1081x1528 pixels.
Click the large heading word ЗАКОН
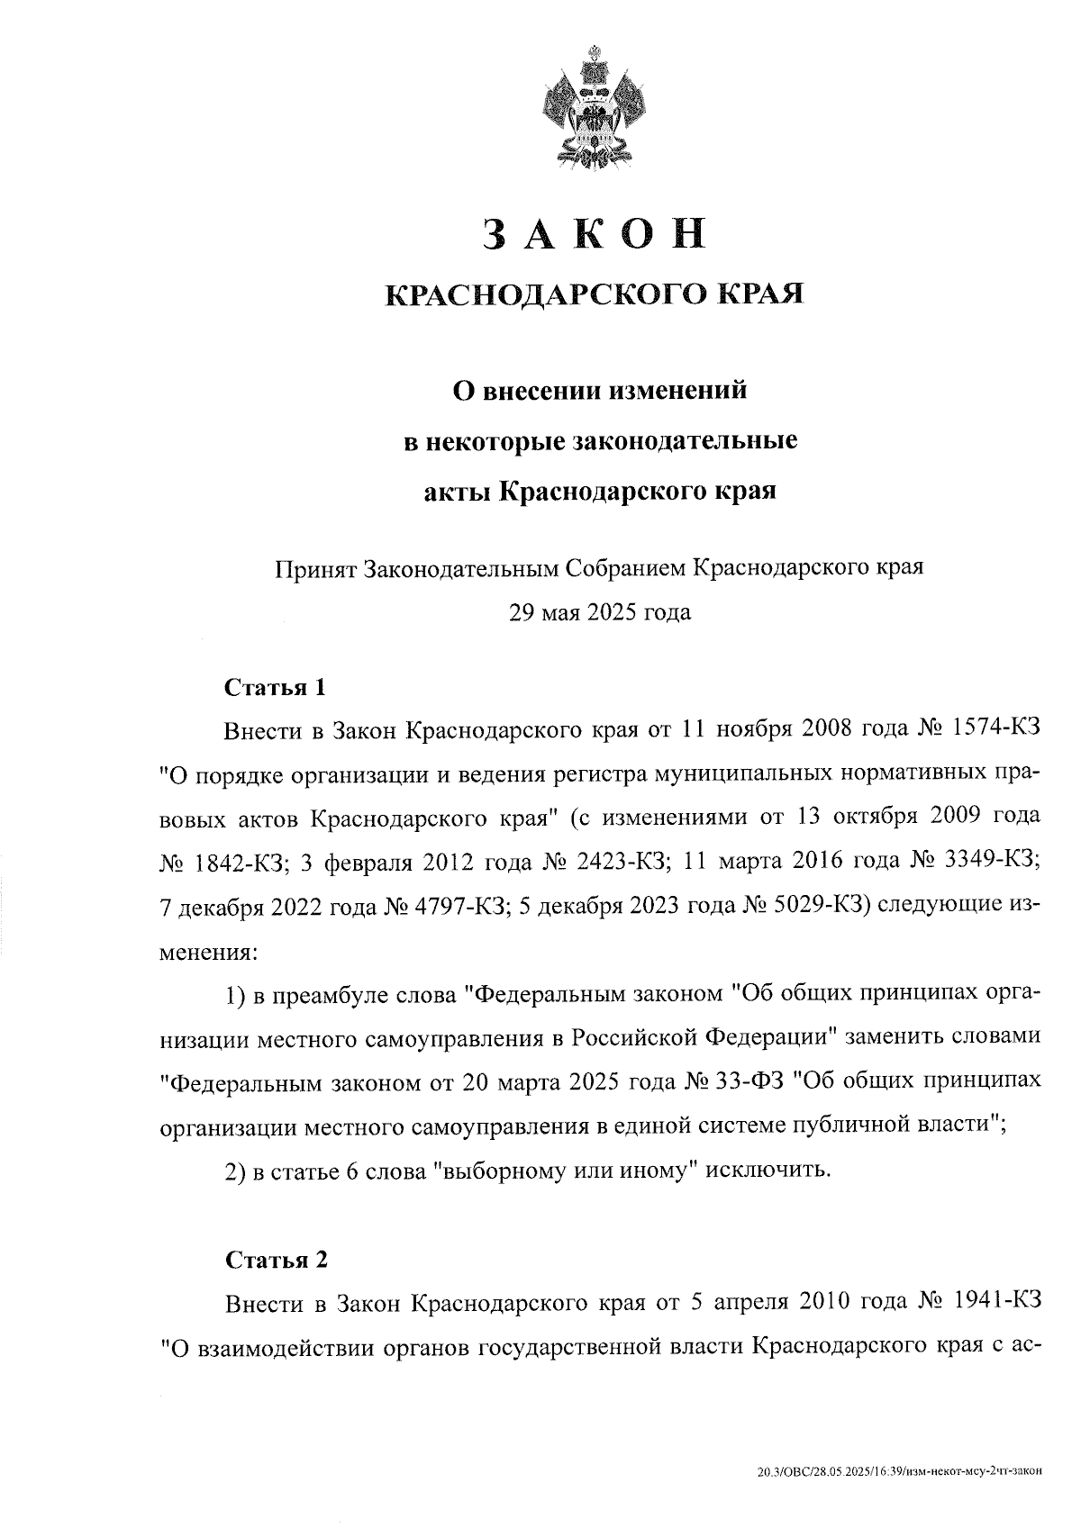coord(595,233)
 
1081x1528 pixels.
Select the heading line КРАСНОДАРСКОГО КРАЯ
coord(595,294)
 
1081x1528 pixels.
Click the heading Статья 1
coord(274,688)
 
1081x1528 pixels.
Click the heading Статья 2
coord(276,1259)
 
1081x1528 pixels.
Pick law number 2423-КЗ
coord(624,861)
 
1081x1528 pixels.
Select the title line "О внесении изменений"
coord(599,392)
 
